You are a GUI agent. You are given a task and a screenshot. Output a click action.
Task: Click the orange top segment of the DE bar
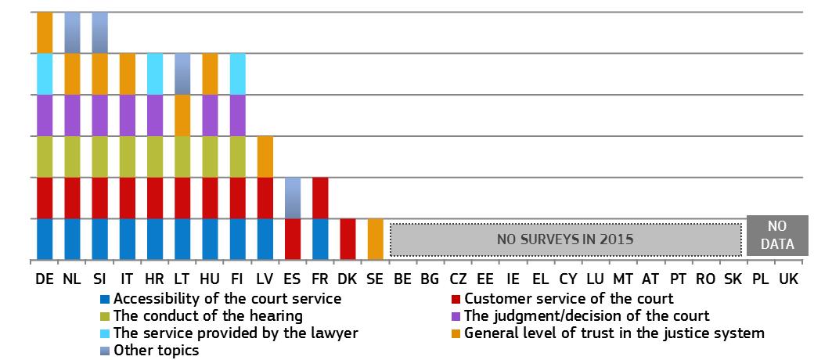45,32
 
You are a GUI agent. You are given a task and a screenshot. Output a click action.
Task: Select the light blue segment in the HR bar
155,74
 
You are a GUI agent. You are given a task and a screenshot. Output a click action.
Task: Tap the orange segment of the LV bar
265,157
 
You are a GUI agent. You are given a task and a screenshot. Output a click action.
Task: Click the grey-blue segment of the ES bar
293,198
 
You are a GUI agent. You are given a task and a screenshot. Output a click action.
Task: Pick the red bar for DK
348,239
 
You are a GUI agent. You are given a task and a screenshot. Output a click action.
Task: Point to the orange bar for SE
375,239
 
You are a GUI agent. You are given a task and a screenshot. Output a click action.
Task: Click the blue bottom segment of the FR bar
320,239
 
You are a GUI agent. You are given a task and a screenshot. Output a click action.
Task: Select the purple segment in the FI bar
237,115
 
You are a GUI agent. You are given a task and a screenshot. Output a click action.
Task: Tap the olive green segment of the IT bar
128,157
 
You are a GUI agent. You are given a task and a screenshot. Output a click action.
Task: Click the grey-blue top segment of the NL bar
72,32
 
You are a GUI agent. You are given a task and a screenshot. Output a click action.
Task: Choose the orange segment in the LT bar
182,115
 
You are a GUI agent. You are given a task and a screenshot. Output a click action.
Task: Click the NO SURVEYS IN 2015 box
566,239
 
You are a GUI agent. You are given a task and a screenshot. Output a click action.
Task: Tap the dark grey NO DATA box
777,236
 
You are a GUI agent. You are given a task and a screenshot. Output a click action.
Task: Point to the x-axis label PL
760,279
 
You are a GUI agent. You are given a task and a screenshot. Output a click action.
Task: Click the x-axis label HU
210,279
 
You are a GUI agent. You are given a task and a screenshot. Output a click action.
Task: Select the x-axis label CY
567,279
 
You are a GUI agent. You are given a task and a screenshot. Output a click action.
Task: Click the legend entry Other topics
149,351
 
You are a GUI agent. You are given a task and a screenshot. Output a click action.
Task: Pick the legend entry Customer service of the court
562,298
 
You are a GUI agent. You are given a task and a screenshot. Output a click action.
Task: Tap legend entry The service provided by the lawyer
229,333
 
